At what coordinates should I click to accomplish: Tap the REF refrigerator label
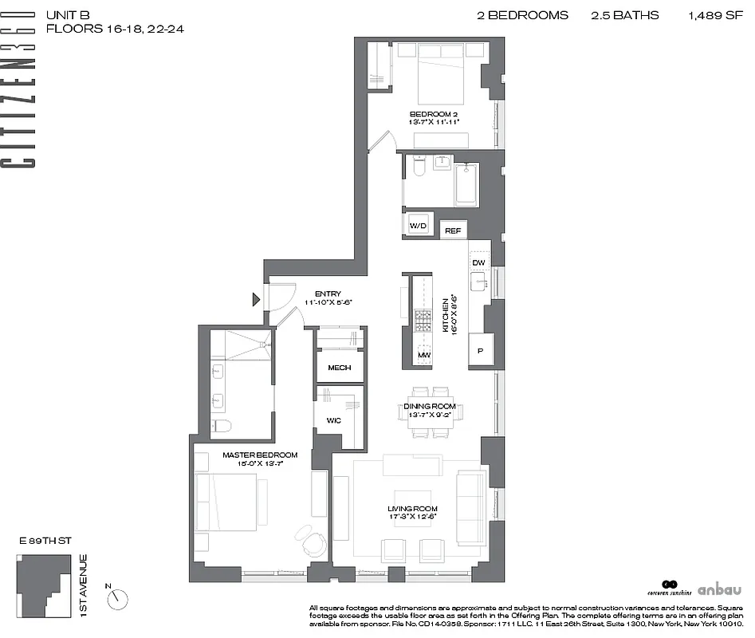[x=453, y=231]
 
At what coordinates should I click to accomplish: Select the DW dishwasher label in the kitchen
[x=478, y=262]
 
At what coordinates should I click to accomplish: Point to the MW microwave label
[x=423, y=355]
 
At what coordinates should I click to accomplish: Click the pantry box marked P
[x=481, y=349]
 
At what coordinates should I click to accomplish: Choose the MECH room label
[x=340, y=368]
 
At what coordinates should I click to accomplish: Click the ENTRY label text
[x=328, y=293]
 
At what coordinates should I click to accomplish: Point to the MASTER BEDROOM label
[x=260, y=455]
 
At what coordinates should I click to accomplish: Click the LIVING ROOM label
[x=412, y=509]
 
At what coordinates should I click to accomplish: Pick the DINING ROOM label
[x=429, y=406]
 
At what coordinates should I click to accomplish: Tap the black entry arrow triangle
[x=256, y=300]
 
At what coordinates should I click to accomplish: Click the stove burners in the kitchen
[x=423, y=320]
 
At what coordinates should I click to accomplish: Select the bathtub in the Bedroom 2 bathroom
[x=466, y=185]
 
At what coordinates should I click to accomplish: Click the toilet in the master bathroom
[x=222, y=425]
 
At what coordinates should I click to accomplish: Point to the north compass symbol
[x=119, y=595]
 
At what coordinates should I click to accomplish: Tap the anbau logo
[x=719, y=590]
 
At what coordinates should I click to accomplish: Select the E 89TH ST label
[x=45, y=541]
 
